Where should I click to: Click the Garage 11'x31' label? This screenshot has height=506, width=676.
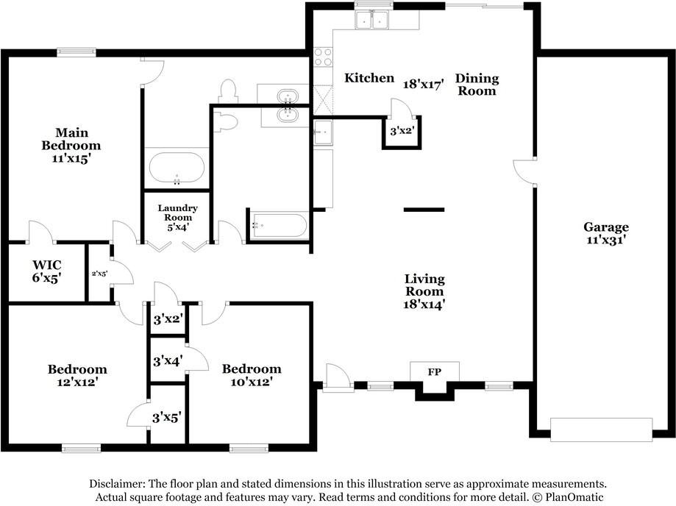click(x=606, y=233)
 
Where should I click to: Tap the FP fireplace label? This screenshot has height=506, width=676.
click(x=434, y=372)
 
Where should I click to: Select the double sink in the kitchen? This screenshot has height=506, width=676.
click(x=372, y=20)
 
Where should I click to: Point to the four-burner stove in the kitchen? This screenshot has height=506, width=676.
click(x=322, y=57)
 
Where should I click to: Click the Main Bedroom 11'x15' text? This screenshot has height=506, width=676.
click(x=71, y=145)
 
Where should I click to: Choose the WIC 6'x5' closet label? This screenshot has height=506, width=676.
click(x=46, y=271)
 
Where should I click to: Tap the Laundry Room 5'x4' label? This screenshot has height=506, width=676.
click(x=177, y=218)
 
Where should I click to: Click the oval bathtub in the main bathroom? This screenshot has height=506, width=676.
click(x=177, y=168)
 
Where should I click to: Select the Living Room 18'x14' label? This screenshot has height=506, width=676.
click(x=424, y=291)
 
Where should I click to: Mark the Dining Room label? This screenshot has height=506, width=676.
click(x=476, y=85)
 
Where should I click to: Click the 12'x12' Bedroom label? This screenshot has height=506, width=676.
click(x=77, y=375)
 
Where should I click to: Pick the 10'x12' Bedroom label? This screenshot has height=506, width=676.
click(x=252, y=375)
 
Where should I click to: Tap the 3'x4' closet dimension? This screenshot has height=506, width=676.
click(x=168, y=361)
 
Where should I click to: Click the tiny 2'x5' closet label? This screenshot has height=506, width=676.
click(x=99, y=274)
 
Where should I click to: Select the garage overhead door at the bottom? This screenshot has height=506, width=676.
click(x=601, y=429)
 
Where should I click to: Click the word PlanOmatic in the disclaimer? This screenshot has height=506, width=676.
click(x=574, y=497)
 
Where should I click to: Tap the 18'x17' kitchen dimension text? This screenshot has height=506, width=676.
click(x=424, y=84)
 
